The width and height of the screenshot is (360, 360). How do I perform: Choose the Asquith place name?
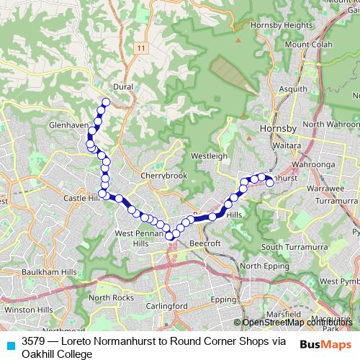(292, 89)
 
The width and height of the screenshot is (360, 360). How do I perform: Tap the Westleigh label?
(209, 155)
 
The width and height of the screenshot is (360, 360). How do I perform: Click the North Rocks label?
(112, 297)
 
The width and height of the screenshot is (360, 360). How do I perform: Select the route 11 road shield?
(140, 48)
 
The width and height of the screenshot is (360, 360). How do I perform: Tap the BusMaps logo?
(326, 344)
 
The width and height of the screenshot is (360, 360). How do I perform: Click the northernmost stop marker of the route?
(106, 102)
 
